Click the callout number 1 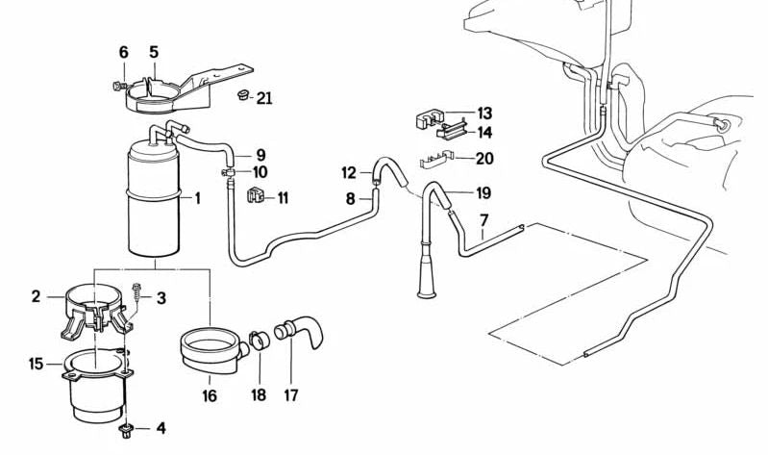[x=198, y=200]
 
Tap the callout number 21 [x=264, y=97]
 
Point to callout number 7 [x=484, y=220]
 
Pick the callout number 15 [x=37, y=364]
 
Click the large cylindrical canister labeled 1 [x=154, y=202]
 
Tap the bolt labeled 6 [x=118, y=86]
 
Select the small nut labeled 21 [x=241, y=95]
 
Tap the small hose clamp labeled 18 [x=258, y=341]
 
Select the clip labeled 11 [x=254, y=196]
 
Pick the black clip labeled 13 [x=425, y=121]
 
